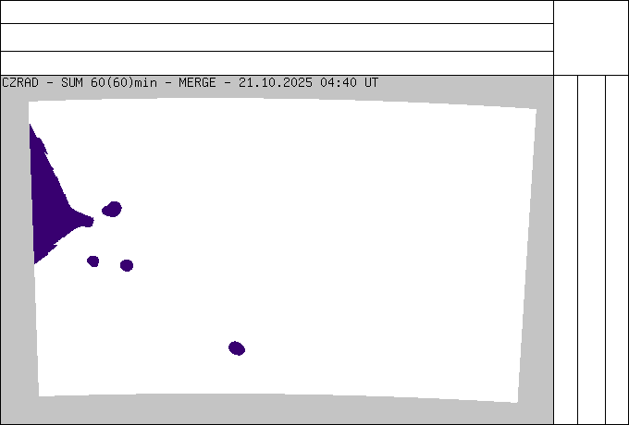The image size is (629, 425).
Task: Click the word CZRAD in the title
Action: click(x=20, y=82)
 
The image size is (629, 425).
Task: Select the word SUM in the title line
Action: click(x=72, y=82)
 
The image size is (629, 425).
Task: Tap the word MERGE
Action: click(x=197, y=82)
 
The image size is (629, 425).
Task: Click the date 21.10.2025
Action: click(x=276, y=82)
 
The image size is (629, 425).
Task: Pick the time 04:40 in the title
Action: click(x=339, y=82)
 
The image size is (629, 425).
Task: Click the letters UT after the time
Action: click(x=371, y=82)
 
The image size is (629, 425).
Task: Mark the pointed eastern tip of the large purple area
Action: click(x=93, y=220)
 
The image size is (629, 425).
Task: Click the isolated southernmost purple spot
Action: click(x=237, y=348)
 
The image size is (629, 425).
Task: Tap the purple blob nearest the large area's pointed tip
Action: click(x=112, y=209)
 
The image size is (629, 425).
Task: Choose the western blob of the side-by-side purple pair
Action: click(x=93, y=261)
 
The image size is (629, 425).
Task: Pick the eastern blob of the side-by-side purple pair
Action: click(x=127, y=265)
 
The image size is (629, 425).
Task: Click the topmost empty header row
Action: click(x=277, y=12)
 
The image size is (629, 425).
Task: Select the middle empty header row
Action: click(x=277, y=37)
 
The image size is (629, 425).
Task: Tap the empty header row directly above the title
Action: click(x=277, y=64)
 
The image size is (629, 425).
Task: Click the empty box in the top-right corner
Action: click(x=591, y=38)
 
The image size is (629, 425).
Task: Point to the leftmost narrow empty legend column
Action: click(x=565, y=249)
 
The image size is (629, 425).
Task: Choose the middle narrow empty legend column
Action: click(x=592, y=249)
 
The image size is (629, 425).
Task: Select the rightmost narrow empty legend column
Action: click(x=617, y=249)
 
